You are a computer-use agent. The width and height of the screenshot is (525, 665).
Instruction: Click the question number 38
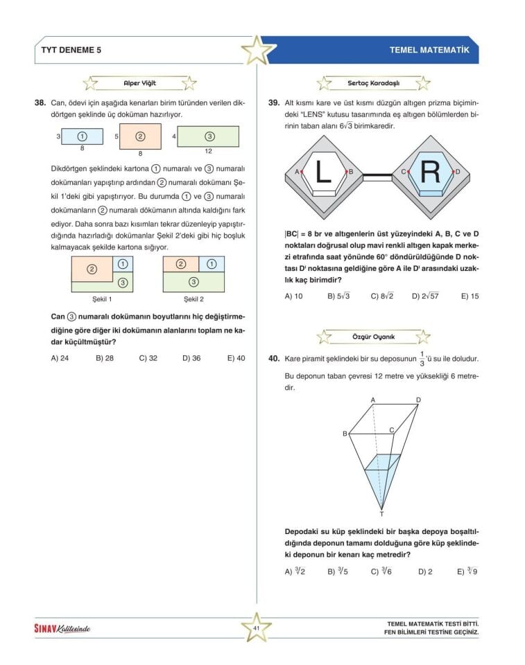[x=40, y=103]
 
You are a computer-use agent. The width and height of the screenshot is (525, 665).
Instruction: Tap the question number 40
[x=273, y=360]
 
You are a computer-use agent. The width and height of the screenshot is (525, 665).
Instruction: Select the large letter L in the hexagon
[x=323, y=172]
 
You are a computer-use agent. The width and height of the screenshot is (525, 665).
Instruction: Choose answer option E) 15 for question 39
[x=470, y=296]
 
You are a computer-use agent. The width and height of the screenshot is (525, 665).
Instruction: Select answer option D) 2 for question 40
[x=425, y=572]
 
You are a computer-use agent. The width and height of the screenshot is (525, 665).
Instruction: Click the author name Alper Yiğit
[x=139, y=83]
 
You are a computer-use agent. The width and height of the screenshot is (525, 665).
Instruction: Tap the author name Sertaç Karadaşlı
[x=373, y=83]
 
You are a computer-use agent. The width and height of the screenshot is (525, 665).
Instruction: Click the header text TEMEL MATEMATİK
[x=429, y=51]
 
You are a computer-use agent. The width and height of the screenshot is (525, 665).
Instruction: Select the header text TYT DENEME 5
[x=71, y=51]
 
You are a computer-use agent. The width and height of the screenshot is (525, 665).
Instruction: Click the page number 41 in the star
[x=256, y=628]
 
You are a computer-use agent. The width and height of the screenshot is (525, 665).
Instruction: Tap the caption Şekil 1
[x=102, y=299]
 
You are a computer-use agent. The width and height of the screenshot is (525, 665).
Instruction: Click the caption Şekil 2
[x=193, y=299]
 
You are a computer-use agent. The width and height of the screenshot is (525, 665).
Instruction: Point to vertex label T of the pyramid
[x=382, y=513]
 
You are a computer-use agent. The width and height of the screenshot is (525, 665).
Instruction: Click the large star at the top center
[x=256, y=50]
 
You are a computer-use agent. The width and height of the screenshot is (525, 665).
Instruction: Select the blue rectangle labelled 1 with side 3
[x=82, y=137]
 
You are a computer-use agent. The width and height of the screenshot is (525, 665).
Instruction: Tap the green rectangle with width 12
[x=209, y=136]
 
